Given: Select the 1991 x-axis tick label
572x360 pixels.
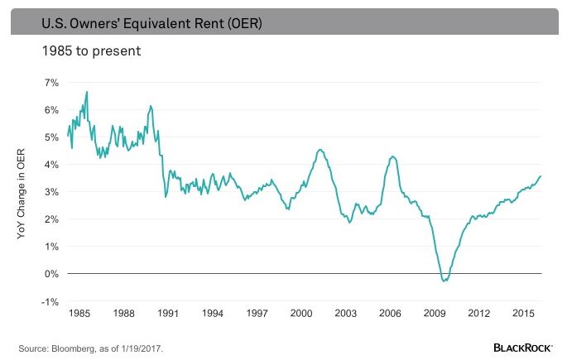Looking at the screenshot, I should pyautogui.click(x=167, y=315).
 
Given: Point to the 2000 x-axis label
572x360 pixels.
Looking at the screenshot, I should pyautogui.click(x=300, y=315).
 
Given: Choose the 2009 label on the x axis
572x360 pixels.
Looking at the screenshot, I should pyautogui.click(x=434, y=315).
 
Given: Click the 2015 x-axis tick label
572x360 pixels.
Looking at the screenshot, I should pyautogui.click(x=523, y=315).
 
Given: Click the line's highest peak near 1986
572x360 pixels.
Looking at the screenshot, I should pyautogui.click(x=87, y=92).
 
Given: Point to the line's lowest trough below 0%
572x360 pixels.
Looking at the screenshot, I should pyautogui.click(x=445, y=281).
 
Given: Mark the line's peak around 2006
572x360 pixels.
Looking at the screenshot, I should pyautogui.click(x=392, y=156).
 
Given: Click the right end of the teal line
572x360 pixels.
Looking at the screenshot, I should pyautogui.click(x=541, y=175).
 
